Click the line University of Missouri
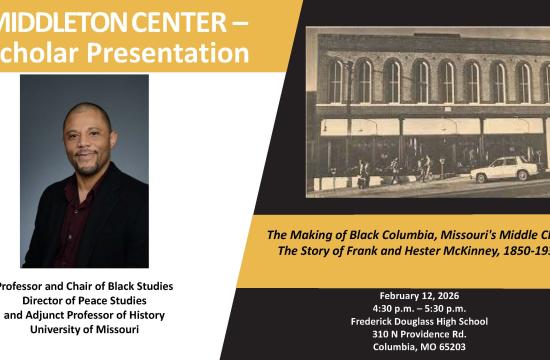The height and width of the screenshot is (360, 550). pos(84,329)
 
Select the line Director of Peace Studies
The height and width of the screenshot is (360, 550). pos(84,300)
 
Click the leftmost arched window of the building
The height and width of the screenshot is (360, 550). pos(337,79)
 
